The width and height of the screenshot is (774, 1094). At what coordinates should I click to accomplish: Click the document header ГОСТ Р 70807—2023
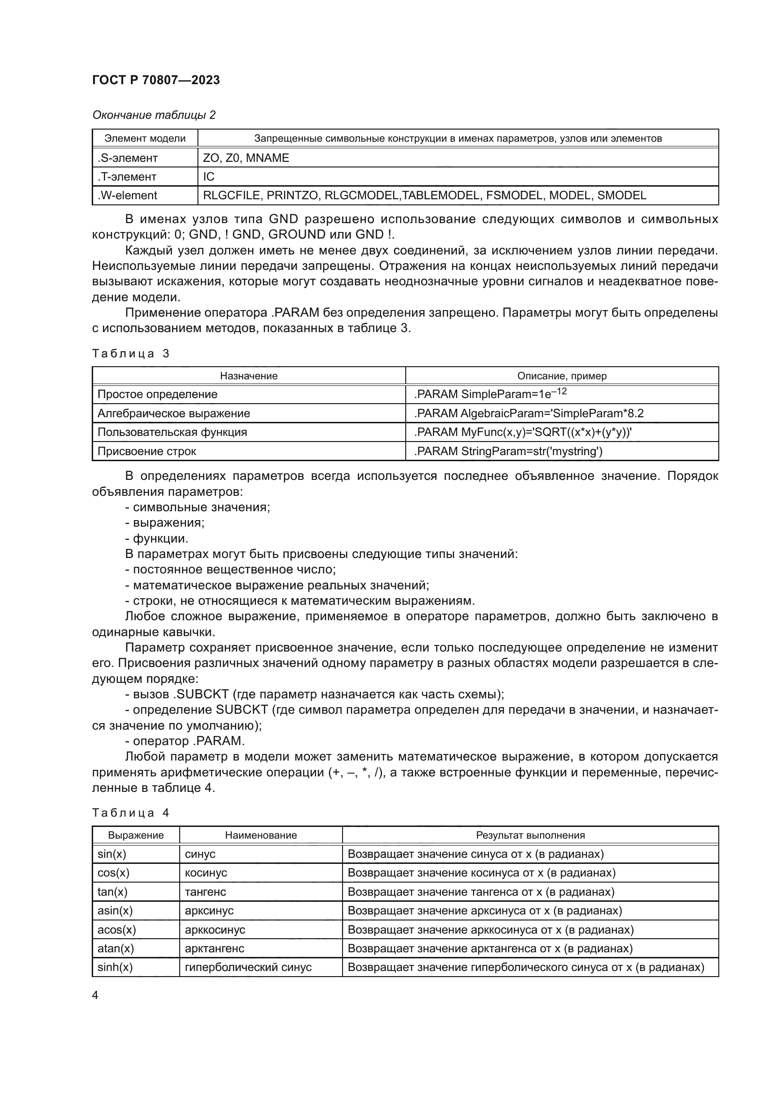156,80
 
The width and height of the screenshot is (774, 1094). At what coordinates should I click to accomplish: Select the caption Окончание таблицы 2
154,115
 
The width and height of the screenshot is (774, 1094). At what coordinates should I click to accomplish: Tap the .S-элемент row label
127,158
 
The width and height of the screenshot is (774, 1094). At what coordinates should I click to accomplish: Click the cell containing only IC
209,177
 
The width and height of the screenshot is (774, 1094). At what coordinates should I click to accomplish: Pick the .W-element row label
127,196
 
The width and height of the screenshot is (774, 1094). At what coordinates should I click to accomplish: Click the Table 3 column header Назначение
248,376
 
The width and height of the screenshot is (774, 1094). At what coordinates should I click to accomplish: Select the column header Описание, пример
562,376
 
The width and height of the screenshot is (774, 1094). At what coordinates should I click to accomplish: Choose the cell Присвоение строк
147,451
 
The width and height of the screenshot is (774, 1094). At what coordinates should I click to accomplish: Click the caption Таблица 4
131,812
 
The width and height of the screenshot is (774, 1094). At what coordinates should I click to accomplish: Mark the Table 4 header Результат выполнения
530,835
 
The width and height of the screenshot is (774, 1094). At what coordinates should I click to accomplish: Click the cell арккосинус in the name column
215,930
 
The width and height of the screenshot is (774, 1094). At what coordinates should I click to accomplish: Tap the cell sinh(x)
115,967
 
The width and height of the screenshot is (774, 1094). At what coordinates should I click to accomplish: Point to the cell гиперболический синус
248,967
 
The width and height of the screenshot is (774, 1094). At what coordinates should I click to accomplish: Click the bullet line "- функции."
157,538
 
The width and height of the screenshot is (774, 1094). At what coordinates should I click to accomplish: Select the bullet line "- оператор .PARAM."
185,741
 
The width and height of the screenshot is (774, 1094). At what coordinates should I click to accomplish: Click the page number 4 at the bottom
95,995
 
